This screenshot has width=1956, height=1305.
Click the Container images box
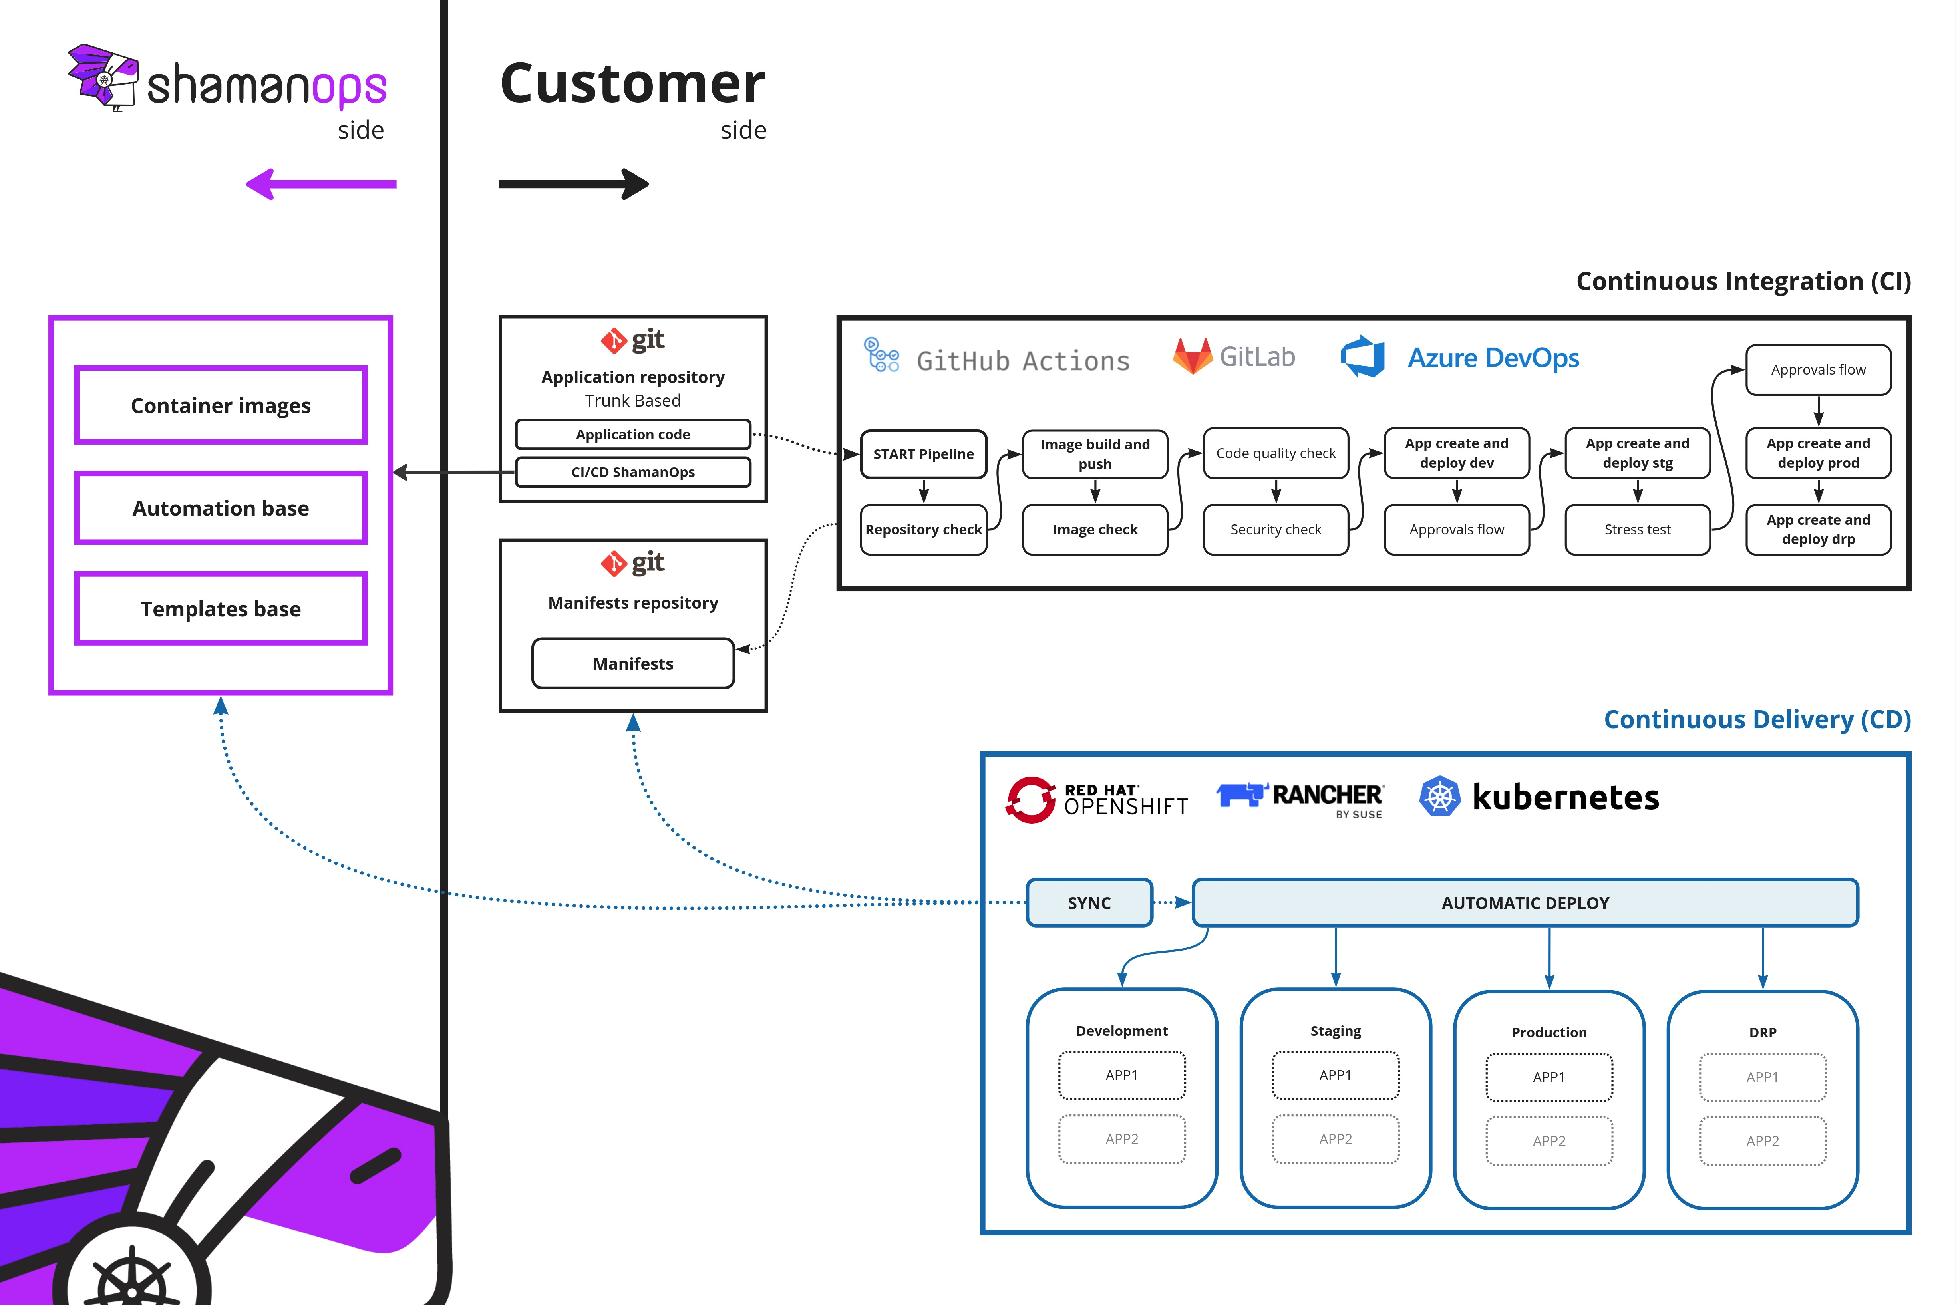click(x=221, y=405)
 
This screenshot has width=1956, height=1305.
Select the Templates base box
click(x=221, y=608)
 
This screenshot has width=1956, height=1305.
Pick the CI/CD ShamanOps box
click(x=632, y=472)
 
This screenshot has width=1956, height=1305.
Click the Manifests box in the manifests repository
click(x=632, y=663)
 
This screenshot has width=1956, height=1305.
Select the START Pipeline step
click(x=923, y=454)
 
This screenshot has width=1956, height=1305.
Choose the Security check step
click(x=1275, y=529)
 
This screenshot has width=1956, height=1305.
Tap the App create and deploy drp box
click(x=1818, y=529)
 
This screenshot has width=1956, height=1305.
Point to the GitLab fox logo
click(x=1192, y=356)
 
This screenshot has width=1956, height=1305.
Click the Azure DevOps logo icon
click(x=1363, y=357)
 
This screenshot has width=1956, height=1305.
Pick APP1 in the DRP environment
click(x=1762, y=1077)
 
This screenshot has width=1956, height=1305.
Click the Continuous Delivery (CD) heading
click(x=1756, y=719)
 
